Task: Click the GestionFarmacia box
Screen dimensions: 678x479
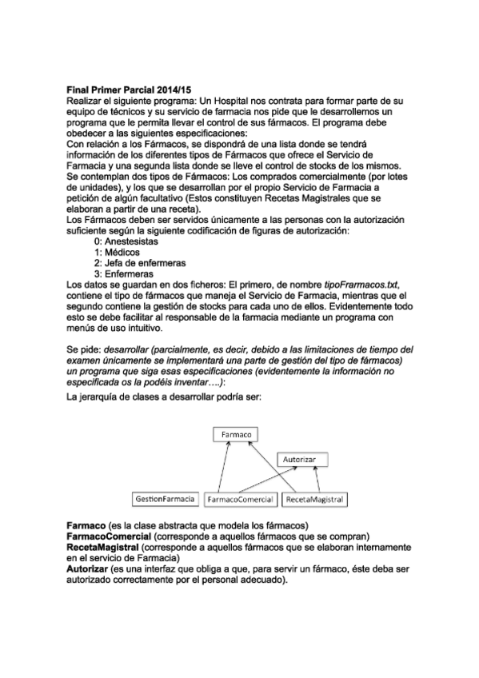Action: click(x=165, y=499)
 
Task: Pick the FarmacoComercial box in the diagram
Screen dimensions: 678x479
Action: click(x=240, y=500)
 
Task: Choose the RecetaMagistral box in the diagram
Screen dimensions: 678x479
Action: click(x=314, y=500)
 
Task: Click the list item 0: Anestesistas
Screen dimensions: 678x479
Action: click(x=126, y=241)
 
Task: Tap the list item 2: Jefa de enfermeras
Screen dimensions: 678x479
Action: click(x=139, y=262)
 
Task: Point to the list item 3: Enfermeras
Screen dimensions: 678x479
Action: click(x=124, y=273)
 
